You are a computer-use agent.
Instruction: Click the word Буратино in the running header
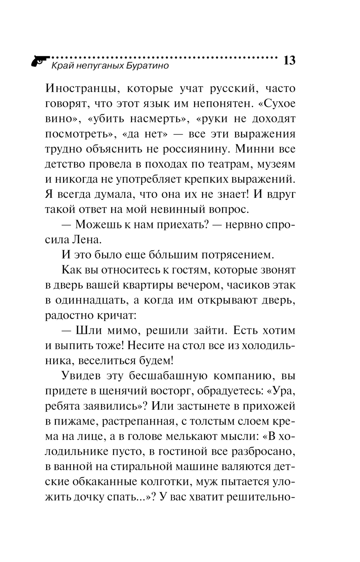point(148,66)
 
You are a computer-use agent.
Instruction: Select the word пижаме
point(73,421)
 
